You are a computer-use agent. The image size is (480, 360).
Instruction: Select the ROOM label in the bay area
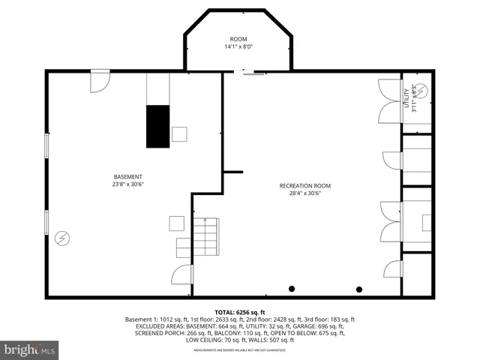[x=239, y=39]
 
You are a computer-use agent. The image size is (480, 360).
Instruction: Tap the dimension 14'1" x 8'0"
[x=239, y=46]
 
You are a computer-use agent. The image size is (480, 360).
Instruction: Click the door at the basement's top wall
[x=100, y=82]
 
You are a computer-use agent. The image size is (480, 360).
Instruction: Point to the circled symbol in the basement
[x=62, y=238]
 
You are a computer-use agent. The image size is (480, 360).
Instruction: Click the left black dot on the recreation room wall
[x=292, y=289]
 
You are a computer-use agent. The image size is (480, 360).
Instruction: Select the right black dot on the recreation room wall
[x=359, y=289]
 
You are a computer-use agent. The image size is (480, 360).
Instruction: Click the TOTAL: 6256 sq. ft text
[x=239, y=311]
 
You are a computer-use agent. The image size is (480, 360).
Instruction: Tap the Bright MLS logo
[x=30, y=349]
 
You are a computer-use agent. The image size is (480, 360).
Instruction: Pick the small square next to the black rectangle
[x=179, y=134]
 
